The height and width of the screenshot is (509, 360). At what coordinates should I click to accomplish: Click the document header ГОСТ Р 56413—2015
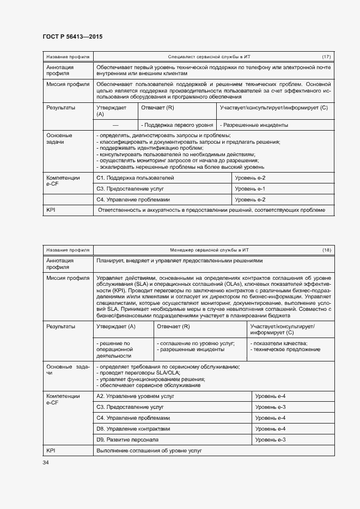coord(72,37)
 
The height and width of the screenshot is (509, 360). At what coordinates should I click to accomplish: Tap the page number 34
coord(46,462)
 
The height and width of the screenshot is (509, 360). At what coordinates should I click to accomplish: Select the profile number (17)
coord(326,57)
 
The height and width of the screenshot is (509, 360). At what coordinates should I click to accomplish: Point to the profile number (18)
coord(326,250)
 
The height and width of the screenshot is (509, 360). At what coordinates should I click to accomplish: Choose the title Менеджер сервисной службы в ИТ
coord(209,250)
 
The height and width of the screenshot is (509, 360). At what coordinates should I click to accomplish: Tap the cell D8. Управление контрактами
coord(133,429)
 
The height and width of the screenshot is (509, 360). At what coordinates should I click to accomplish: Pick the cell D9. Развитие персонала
coord(127,439)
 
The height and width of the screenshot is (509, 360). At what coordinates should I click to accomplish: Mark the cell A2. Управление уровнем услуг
coord(135,396)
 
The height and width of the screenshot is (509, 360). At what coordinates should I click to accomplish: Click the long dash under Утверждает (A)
coord(115,125)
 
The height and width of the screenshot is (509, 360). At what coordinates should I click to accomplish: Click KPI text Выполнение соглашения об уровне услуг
coord(149,451)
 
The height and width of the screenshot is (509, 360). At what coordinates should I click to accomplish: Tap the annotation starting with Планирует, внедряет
coord(179,261)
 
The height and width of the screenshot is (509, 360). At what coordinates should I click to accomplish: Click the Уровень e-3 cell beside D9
coord(271,439)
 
